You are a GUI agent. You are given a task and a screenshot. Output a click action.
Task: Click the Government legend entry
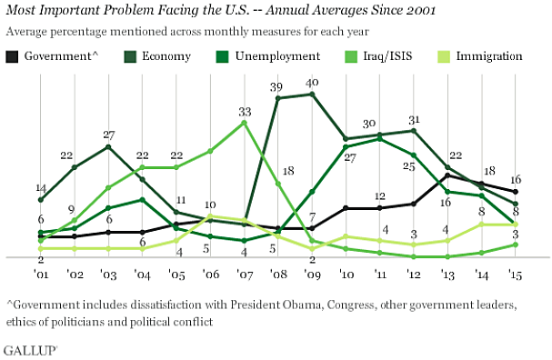[x=55, y=56]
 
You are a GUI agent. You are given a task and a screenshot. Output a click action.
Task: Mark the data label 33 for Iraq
[x=245, y=111]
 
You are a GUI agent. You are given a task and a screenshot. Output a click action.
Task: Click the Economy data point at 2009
[x=313, y=94]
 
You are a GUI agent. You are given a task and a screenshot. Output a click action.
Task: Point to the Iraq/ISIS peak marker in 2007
[x=245, y=123]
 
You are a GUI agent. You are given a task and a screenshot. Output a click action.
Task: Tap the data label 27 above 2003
[x=109, y=134]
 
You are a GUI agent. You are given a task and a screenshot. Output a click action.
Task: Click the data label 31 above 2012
[x=415, y=119]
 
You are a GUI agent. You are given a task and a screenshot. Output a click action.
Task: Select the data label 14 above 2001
[x=41, y=187]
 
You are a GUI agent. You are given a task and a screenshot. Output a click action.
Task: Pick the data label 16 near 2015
[x=514, y=179]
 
